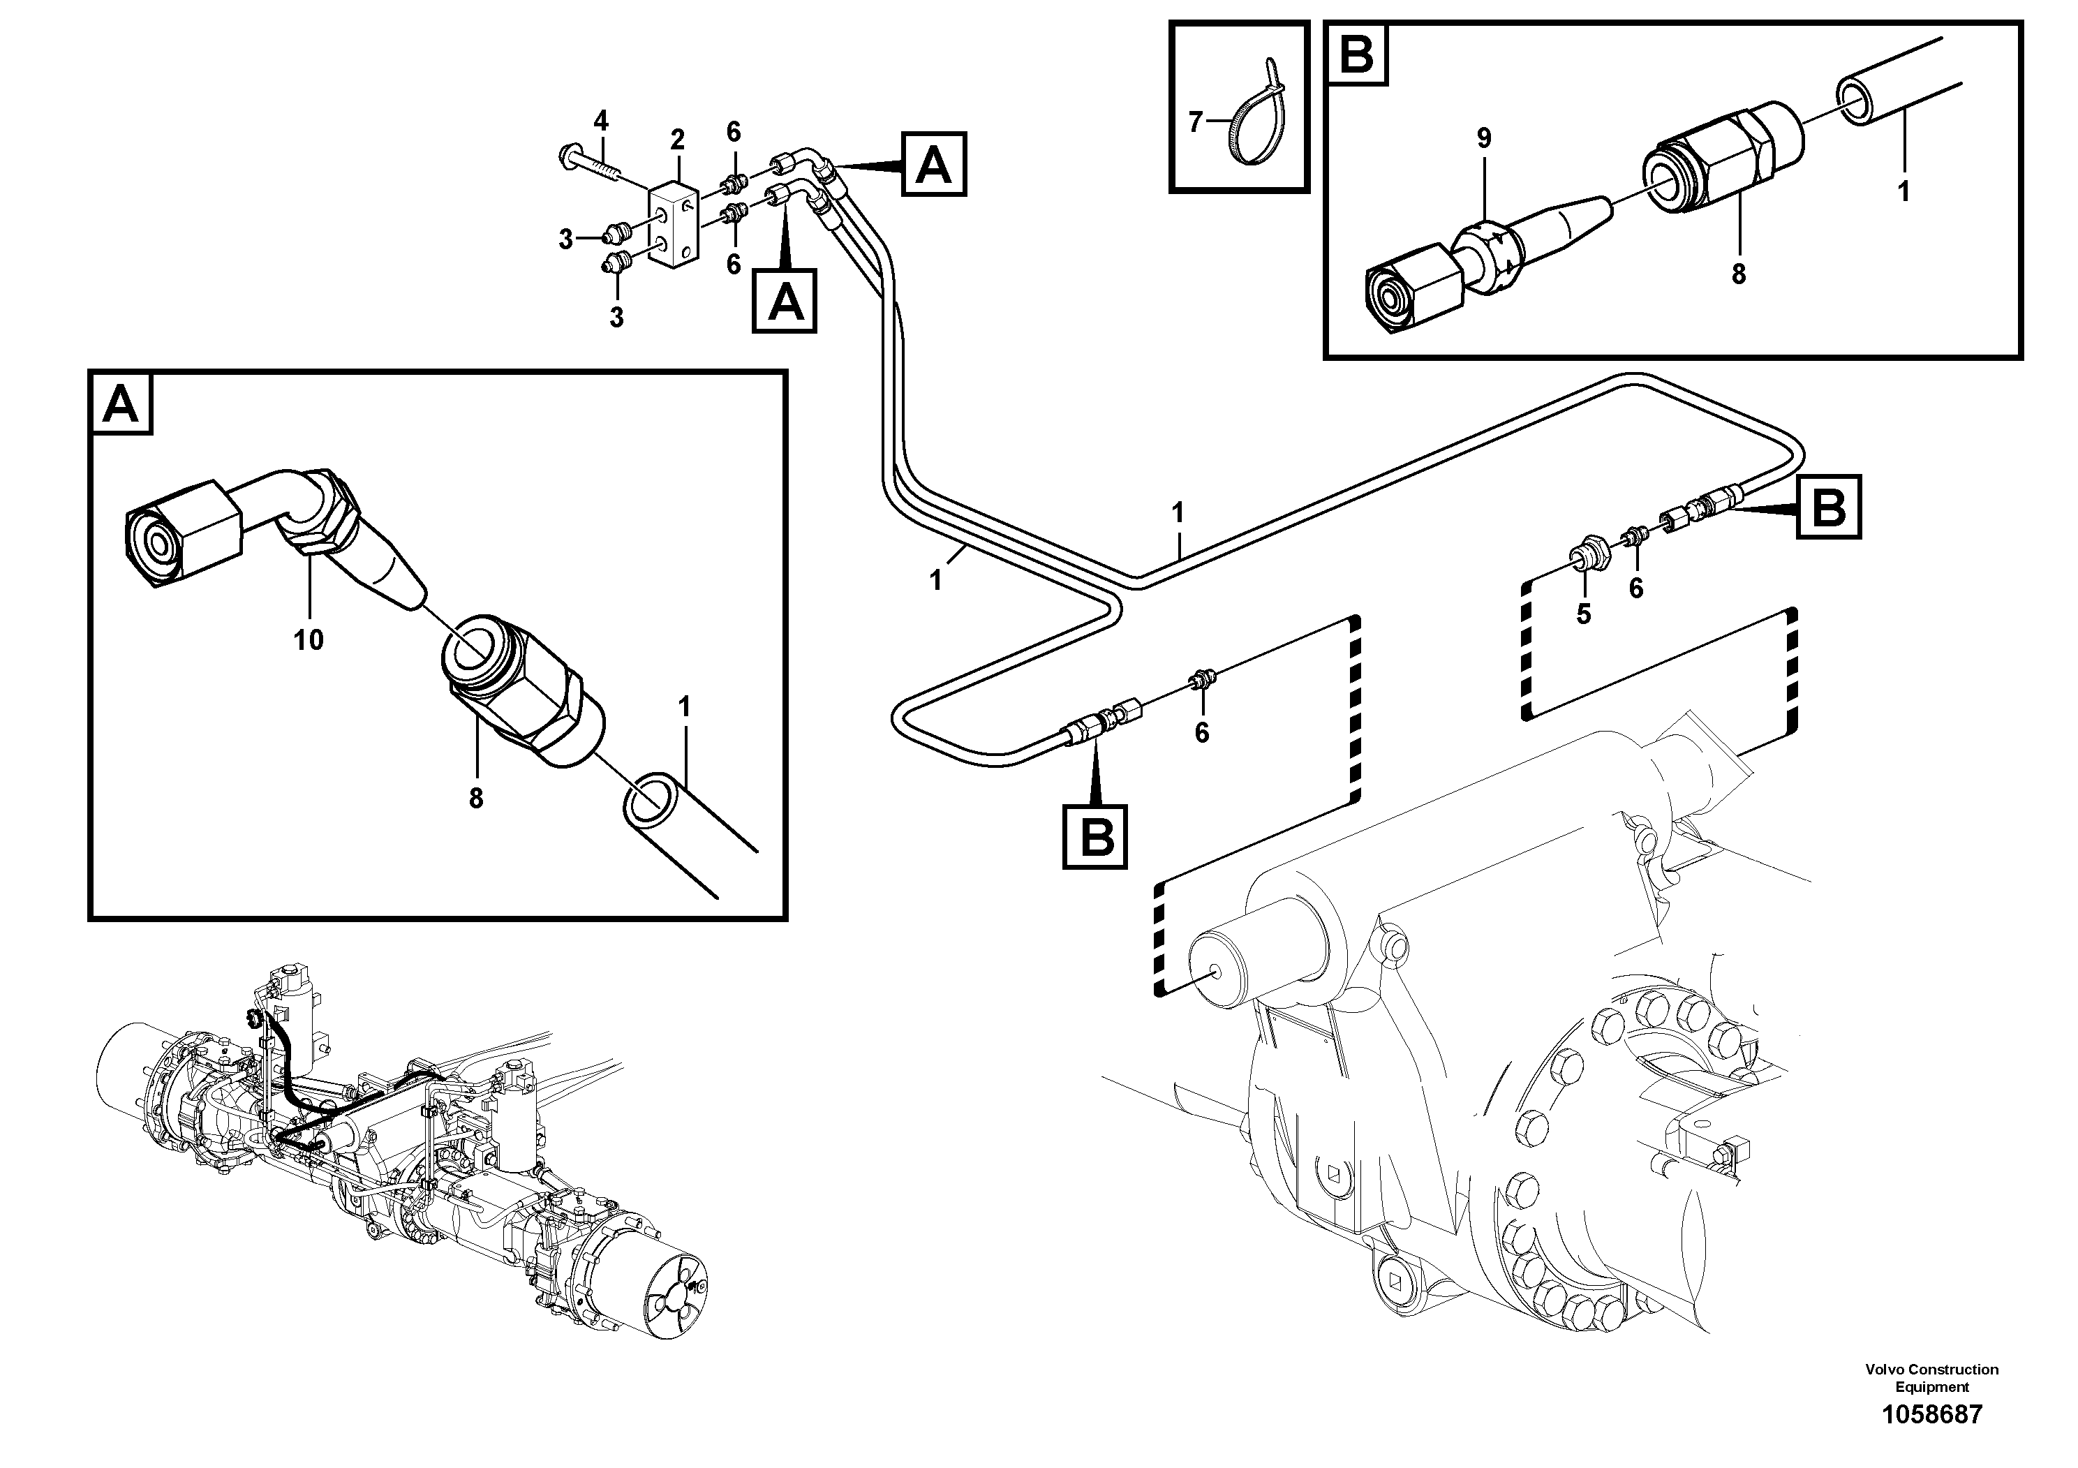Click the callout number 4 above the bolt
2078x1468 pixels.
tap(601, 119)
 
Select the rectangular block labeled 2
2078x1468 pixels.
tap(671, 225)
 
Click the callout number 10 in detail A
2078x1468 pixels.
tap(308, 640)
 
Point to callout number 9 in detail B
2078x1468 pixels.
tap(1483, 138)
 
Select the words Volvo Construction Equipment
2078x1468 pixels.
tap(1931, 1377)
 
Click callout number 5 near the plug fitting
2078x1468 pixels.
tap(1583, 614)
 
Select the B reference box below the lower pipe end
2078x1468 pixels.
tap(1095, 836)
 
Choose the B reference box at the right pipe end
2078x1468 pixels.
tap(1829, 507)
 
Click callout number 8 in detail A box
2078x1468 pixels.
tap(476, 799)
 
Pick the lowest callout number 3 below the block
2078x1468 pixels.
tap(616, 318)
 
